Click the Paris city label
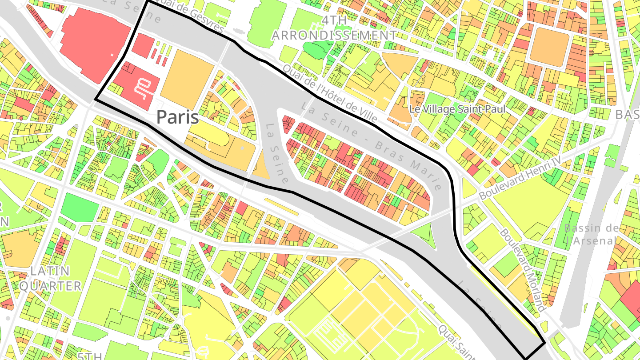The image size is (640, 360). (177, 117)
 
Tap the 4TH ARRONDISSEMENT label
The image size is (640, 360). (335, 28)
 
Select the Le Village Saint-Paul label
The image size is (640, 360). (457, 109)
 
